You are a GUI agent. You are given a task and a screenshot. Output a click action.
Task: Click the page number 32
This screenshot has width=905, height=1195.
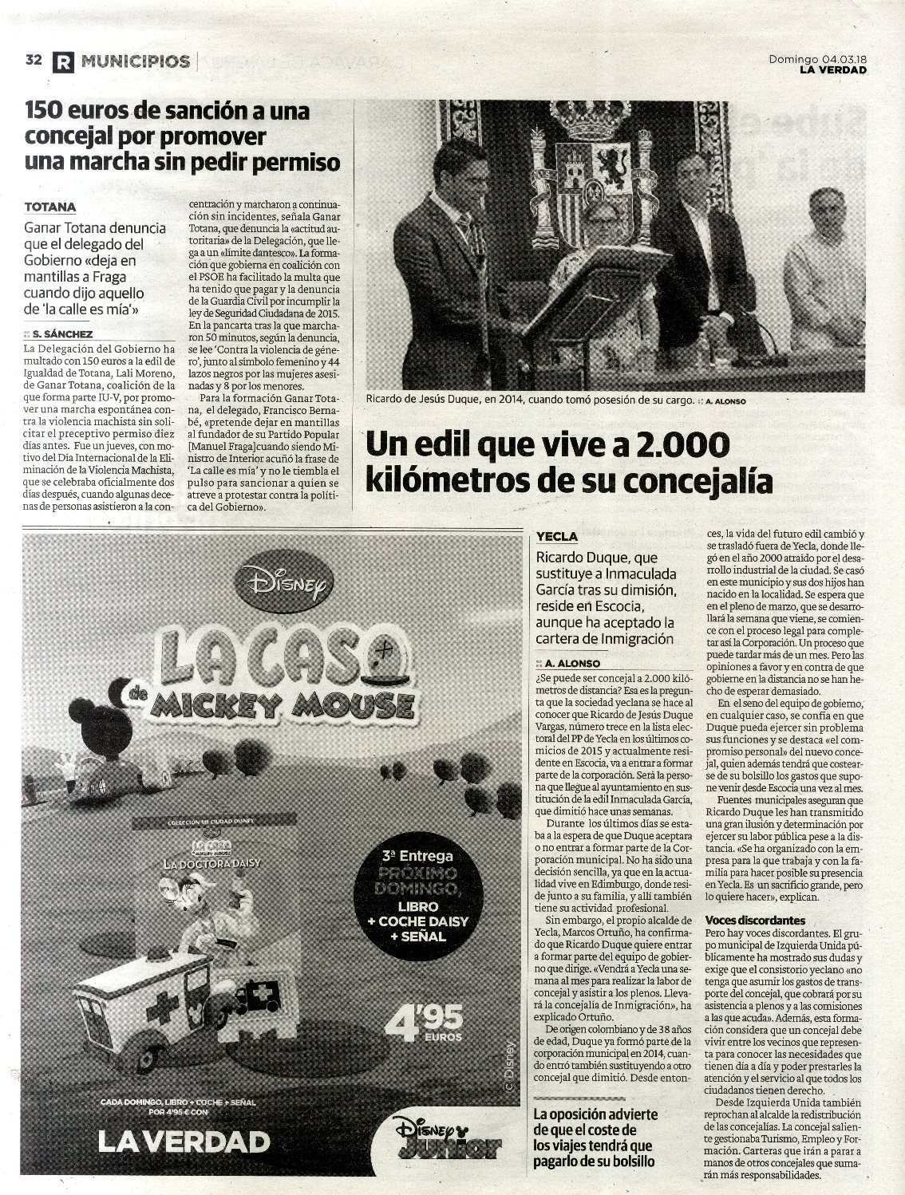(34, 61)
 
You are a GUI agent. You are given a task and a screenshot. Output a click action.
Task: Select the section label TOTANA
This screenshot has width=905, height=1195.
(50, 207)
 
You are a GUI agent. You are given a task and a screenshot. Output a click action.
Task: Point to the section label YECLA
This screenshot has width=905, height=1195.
(557, 536)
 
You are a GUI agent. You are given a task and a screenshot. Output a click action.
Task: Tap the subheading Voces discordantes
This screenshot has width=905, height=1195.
(755, 920)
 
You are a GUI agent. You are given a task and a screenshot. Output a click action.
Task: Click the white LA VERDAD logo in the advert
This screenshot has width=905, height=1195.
(183, 1142)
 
